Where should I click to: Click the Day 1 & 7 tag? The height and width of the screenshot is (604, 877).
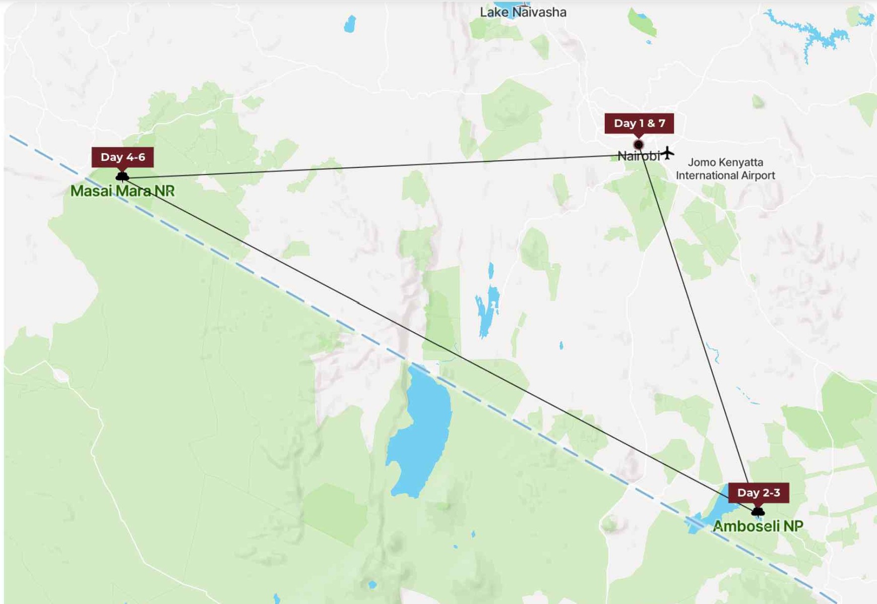point(639,124)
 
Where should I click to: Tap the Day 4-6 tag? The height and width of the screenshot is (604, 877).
point(122,157)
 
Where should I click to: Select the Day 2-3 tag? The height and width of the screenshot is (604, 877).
point(758,493)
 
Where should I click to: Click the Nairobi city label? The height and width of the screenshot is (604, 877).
point(638,156)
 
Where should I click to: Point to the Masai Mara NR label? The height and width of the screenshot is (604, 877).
point(122,191)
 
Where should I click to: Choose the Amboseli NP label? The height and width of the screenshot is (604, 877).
point(758,526)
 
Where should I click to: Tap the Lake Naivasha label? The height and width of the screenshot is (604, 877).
point(523,12)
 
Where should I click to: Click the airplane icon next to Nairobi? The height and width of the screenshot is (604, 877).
point(667,152)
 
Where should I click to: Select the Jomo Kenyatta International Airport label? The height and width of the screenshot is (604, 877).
point(725,169)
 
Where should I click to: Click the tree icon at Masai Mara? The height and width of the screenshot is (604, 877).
point(122,176)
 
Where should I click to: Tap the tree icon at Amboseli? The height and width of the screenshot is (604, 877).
point(758,512)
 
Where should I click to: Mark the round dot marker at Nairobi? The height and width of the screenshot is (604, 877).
point(639,145)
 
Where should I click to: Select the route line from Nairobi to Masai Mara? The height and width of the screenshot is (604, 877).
point(378,166)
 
